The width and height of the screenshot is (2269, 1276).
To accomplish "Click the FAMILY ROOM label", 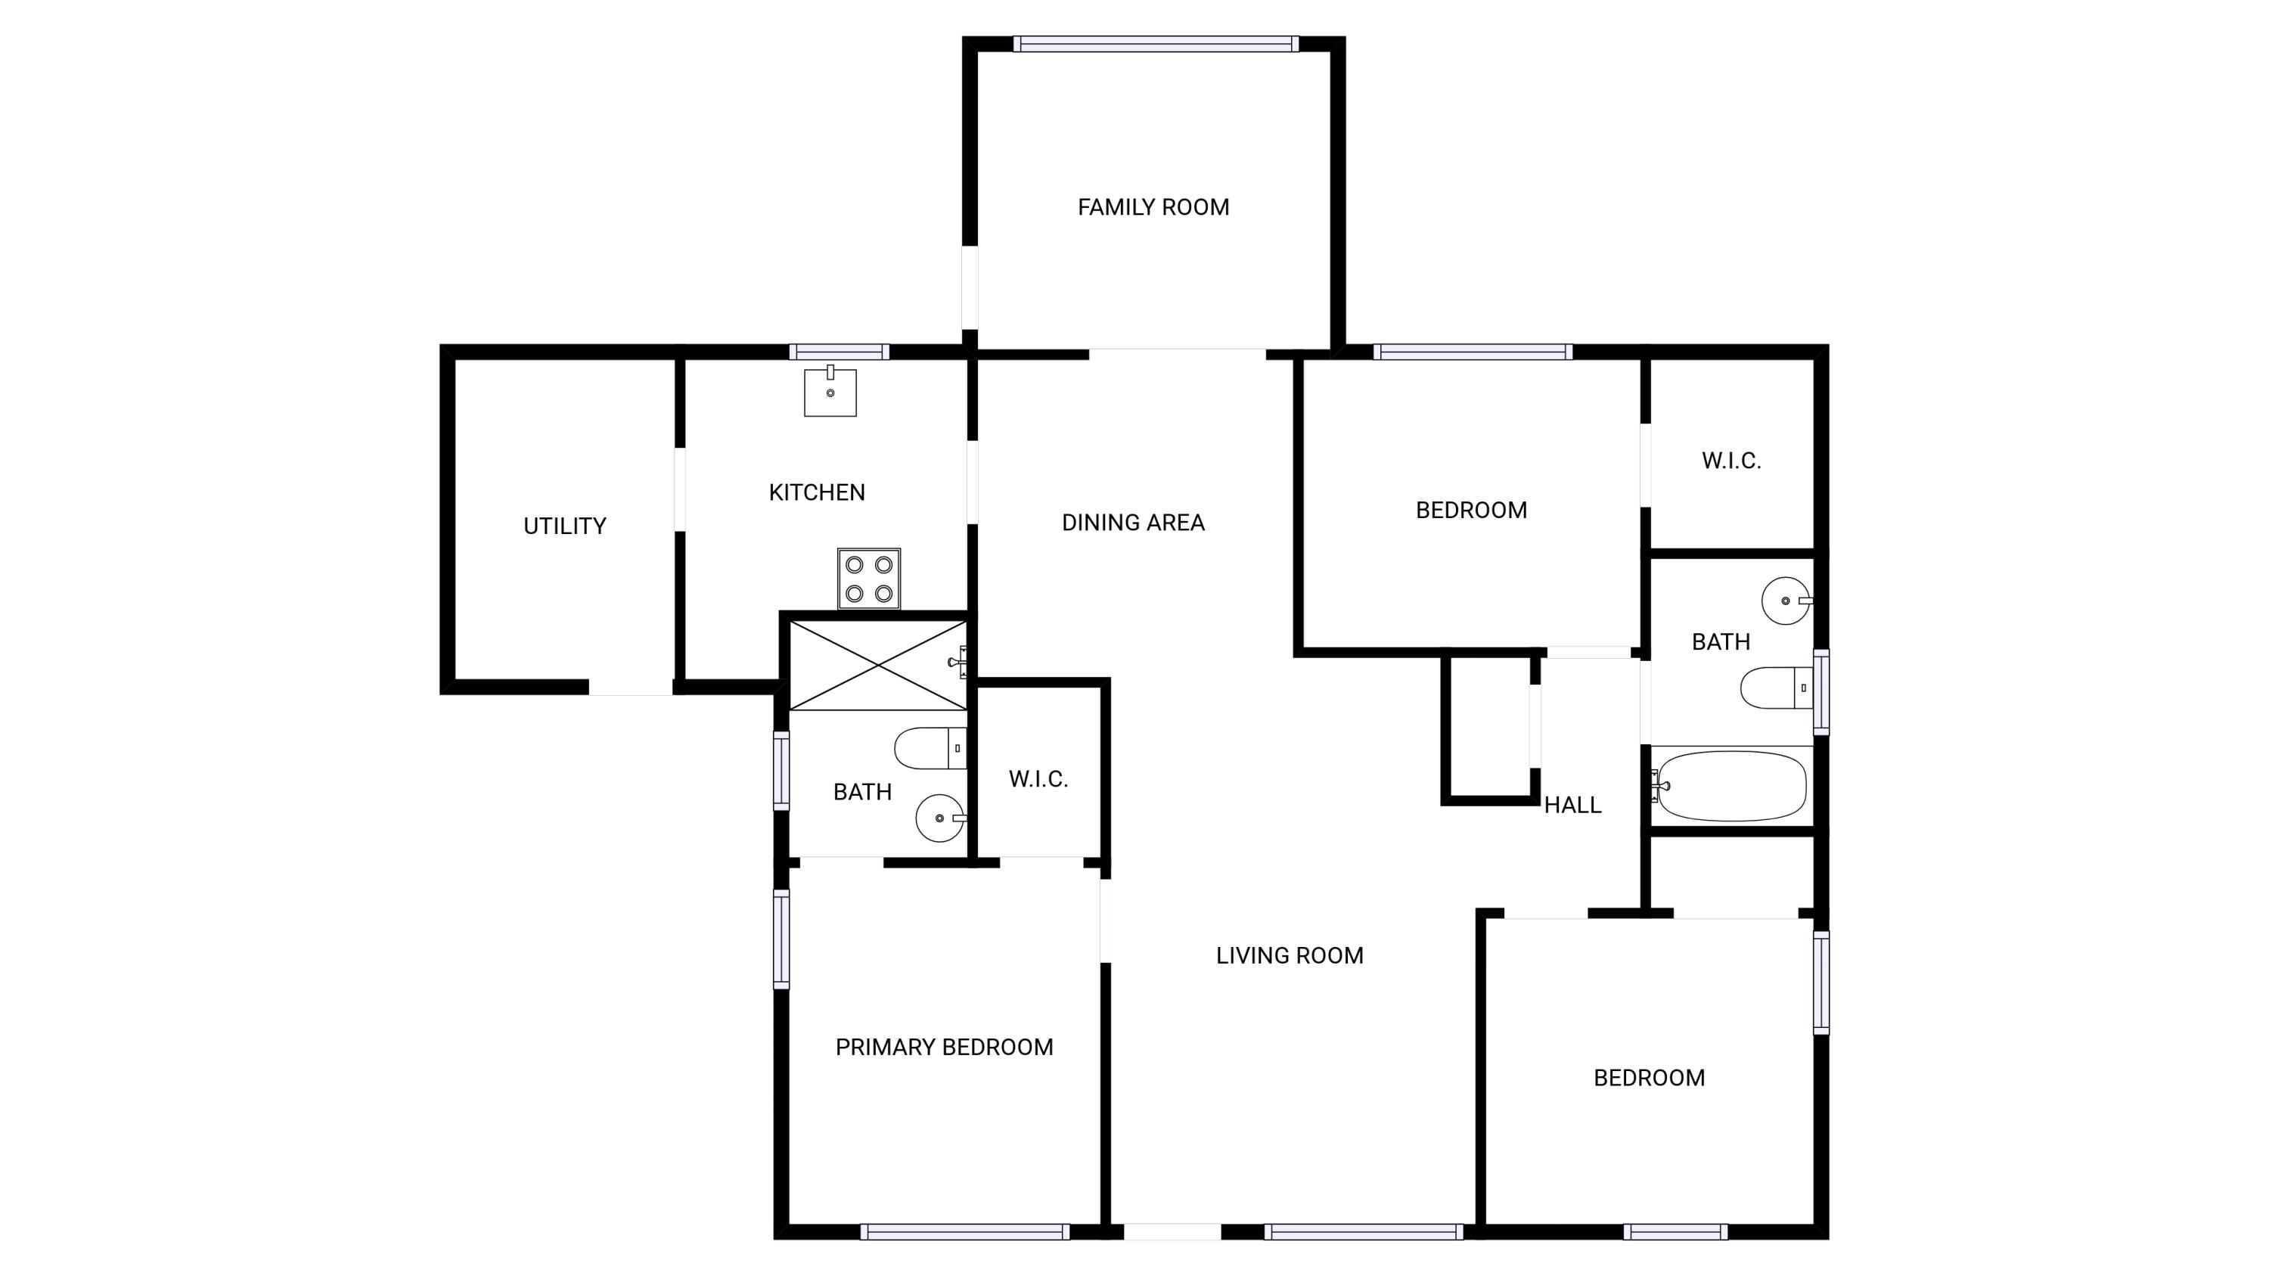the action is pos(1153,207).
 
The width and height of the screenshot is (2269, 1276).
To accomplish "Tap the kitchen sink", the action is pos(830,391).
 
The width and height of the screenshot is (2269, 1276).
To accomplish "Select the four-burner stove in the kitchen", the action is pos(868,579).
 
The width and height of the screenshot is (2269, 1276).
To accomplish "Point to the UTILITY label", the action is pos(565,526).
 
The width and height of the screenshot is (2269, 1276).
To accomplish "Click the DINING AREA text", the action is pos(1133,522).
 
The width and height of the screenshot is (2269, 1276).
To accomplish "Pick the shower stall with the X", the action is pos(878,665).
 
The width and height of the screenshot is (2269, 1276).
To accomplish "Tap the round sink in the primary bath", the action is pos(941,818).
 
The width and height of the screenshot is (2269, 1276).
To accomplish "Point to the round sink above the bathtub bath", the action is pos(1786,601).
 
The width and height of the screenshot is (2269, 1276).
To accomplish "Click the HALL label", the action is pos(1572,805).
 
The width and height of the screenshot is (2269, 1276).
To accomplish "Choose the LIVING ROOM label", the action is pos(1290,955).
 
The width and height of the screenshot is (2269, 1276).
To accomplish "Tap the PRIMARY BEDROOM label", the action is pos(944,1047).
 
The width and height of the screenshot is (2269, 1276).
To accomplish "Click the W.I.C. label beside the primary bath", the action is pos(1038,778).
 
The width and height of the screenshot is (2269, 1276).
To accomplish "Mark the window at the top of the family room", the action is pos(1156,44).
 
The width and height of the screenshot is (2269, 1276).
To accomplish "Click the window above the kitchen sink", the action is pos(839,352).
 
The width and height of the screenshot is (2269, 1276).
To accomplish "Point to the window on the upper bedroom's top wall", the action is pos(1473,352).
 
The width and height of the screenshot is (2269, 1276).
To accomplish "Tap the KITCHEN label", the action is pos(817,492).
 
